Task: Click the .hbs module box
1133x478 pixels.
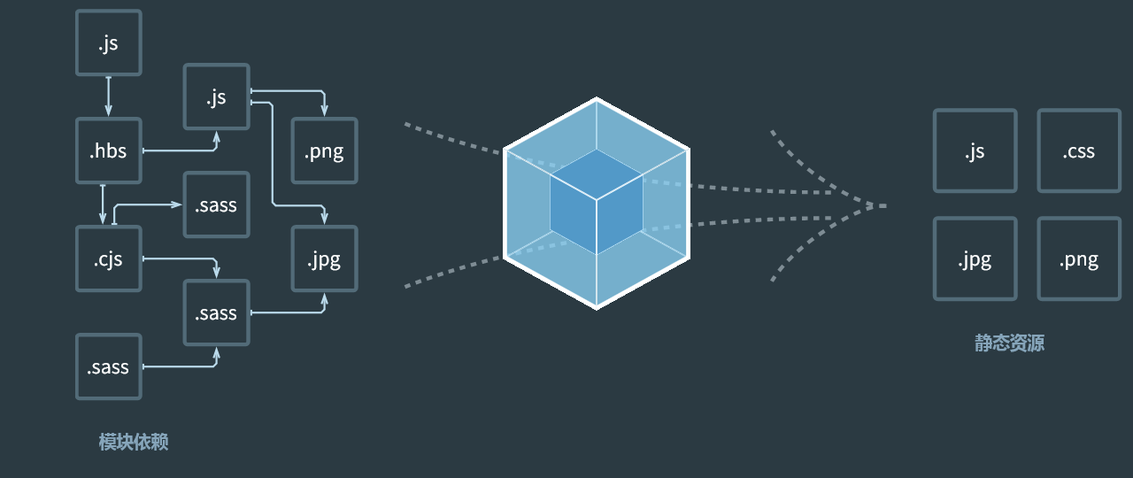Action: point(109,150)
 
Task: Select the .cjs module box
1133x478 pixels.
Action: point(109,258)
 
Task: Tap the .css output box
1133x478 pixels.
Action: point(1078,150)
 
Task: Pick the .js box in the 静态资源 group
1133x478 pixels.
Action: point(975,150)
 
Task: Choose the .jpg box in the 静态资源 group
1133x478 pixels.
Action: point(975,258)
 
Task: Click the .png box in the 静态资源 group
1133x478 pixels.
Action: point(1078,258)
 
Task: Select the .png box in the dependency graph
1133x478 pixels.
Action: point(324,150)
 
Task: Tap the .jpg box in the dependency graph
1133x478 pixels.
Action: point(324,258)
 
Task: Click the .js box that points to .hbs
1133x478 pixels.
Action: point(109,42)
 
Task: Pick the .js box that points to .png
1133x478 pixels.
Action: point(217,96)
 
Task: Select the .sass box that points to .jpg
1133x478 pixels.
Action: point(217,312)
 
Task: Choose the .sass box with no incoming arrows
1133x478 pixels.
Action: point(109,366)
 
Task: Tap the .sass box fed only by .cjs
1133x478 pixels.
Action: point(217,204)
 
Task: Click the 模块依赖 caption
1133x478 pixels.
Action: point(133,442)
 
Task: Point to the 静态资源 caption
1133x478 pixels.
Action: point(1009,343)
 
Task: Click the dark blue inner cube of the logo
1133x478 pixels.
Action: point(596,202)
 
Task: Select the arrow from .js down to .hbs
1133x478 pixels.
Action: point(109,96)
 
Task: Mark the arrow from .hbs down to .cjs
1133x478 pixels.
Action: point(103,204)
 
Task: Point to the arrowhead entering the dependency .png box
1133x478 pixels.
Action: point(324,110)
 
